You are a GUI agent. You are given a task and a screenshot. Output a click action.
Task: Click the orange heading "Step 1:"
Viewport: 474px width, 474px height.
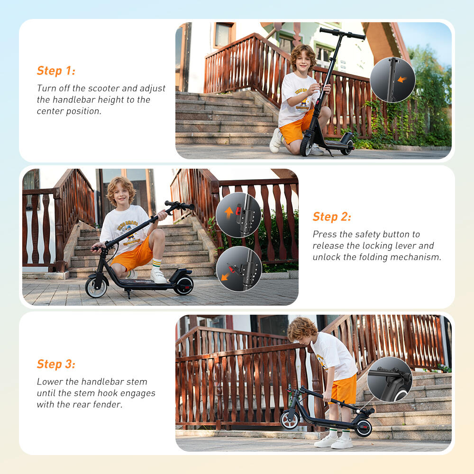56,71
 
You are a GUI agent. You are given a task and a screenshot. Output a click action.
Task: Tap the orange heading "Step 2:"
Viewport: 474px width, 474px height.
332,217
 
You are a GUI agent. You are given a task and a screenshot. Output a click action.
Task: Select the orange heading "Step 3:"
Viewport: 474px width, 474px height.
56,364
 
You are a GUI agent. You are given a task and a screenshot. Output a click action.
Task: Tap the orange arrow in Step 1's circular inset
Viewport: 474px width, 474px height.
402,79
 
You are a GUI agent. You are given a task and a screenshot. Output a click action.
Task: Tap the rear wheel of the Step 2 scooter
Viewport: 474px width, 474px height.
183,285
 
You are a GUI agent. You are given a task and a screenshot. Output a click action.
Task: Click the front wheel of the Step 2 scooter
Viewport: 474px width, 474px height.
96,288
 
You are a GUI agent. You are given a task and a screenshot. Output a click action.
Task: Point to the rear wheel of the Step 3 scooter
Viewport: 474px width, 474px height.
363,428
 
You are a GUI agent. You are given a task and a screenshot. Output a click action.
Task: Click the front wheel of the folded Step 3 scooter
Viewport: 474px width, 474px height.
289,420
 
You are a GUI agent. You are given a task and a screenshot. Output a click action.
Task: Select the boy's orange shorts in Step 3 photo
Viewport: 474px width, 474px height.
345,390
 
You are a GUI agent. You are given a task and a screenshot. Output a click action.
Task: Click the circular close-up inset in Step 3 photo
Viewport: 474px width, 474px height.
389,379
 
